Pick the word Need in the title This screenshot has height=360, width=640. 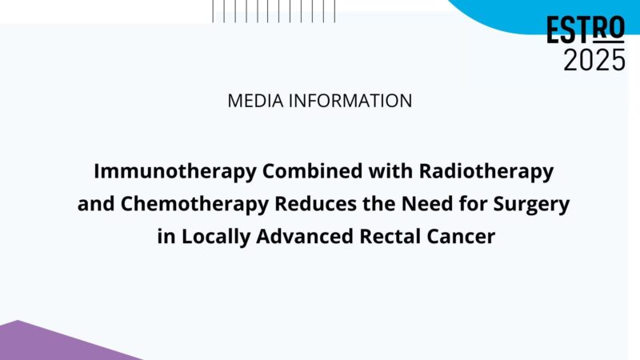point(420,204)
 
